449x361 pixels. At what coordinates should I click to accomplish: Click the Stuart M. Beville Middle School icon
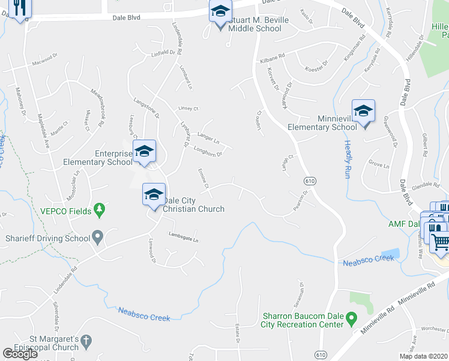tap(220, 12)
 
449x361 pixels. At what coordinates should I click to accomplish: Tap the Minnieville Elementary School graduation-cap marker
tap(363, 111)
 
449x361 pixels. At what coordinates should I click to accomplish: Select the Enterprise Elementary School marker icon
tap(144, 152)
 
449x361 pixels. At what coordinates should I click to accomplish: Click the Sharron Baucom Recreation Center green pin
tap(352, 316)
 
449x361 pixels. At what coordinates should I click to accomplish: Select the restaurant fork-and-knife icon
tap(19, 7)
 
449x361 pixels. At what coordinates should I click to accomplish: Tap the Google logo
tap(20, 353)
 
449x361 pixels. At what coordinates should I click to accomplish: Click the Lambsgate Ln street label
tap(183, 238)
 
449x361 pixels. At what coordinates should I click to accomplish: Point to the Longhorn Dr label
tap(209, 153)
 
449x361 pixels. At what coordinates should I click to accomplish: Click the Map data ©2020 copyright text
tap(421, 356)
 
